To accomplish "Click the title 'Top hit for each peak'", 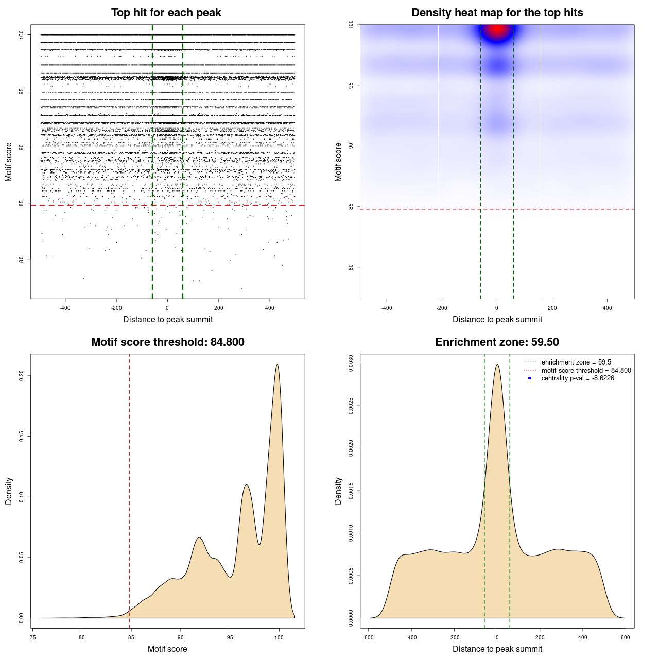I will click(x=166, y=13).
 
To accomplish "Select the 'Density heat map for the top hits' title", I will click(x=497, y=13).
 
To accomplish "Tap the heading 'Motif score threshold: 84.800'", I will click(x=167, y=342).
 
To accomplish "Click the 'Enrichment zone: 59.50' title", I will click(x=497, y=342).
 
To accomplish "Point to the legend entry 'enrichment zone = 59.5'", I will click(x=576, y=362).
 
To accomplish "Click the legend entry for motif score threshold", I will click(x=586, y=370).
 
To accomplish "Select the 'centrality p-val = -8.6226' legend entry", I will click(x=578, y=378).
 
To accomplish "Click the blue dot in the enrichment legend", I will click(x=530, y=378).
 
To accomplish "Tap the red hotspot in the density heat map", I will click(x=497, y=30).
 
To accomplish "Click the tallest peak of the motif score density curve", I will click(x=278, y=365).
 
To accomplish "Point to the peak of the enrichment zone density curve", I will click(x=497, y=365).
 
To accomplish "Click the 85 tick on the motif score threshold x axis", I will click(x=131, y=637).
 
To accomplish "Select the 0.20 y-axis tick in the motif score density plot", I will click(x=22, y=376).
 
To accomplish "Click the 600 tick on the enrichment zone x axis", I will click(x=626, y=637).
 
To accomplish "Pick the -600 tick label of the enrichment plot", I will click(x=368, y=637).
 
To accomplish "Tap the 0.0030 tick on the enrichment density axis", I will click(x=351, y=363).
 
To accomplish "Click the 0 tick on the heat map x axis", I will click(x=497, y=308).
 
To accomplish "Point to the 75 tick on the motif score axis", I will click(x=33, y=637).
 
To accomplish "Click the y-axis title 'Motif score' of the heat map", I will click(x=338, y=162).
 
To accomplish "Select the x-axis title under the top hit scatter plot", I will click(x=168, y=320).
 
